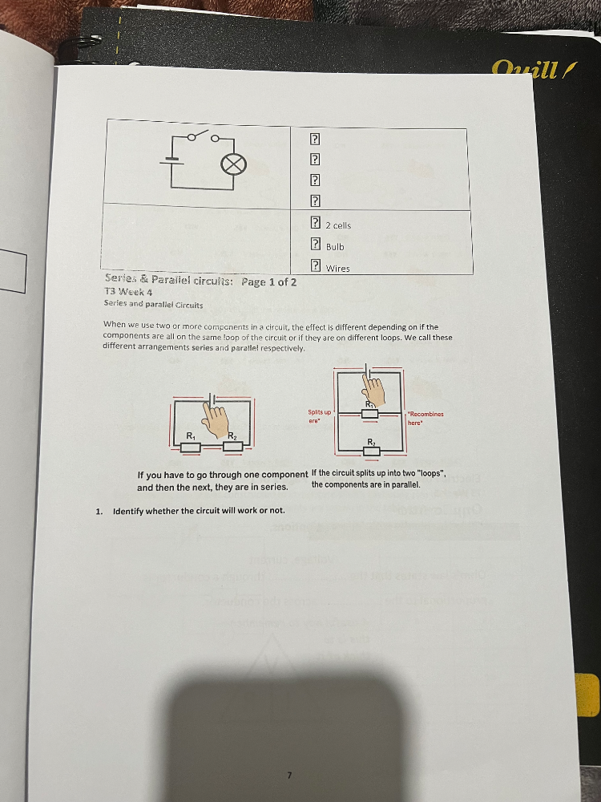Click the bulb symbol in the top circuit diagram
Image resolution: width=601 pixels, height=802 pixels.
tap(234, 165)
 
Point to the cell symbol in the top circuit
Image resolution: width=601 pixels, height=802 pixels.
tap(169, 159)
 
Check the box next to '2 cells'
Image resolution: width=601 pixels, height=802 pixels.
tap(316, 225)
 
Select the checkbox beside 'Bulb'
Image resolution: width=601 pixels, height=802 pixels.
tap(316, 245)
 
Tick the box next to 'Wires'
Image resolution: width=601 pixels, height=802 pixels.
tap(316, 267)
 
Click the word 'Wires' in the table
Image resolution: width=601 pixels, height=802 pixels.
tap(337, 269)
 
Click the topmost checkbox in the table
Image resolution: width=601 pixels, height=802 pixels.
tap(316, 139)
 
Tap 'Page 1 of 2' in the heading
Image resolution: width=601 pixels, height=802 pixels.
tap(269, 282)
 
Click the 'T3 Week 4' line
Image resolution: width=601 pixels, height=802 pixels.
tap(128, 293)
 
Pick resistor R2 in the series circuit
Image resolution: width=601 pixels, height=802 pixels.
tap(232, 446)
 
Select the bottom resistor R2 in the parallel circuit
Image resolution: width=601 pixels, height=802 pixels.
tap(371, 452)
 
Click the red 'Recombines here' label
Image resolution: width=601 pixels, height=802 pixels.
tap(426, 418)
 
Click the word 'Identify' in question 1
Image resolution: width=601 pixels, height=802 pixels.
tap(131, 511)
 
